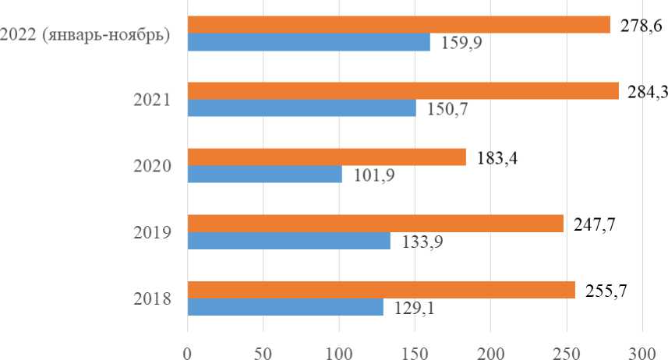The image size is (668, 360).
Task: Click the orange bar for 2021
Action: coord(403,91)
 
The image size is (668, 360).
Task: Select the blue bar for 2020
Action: coord(265,175)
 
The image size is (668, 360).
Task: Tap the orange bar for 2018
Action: coord(381,290)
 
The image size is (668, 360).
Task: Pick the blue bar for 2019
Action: coord(289,242)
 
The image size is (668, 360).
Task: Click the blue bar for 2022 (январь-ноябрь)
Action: coord(309,42)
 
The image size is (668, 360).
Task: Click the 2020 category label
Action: coord(154,166)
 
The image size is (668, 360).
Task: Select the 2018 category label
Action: coord(154,298)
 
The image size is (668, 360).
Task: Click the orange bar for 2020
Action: coord(327,157)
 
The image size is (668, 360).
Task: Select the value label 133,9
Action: coord(422,242)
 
